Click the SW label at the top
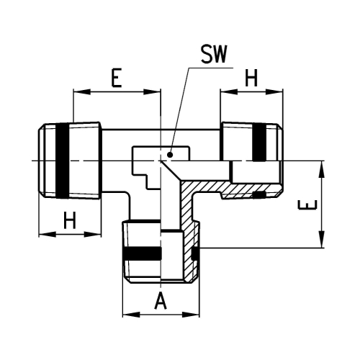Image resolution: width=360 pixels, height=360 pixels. (214, 54)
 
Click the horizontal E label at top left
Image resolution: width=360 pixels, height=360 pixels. (117, 78)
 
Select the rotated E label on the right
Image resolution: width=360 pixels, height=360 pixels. (307, 205)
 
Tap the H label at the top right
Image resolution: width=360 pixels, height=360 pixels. (251, 78)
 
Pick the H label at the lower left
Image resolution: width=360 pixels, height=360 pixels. (70, 220)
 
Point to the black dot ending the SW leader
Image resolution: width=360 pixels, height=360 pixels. (170, 155)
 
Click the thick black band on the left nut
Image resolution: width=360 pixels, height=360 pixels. (63, 161)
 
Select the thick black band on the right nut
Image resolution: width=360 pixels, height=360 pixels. (259, 143)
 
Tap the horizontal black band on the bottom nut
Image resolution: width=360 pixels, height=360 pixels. (142, 253)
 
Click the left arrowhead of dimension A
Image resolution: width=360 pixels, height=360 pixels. (131, 315)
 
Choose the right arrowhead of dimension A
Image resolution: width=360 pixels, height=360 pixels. (191, 315)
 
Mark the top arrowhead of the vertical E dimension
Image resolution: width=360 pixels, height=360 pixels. (321, 169)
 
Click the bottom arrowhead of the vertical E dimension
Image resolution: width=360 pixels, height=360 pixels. (321, 239)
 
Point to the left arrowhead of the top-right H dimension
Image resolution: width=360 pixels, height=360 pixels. (229, 92)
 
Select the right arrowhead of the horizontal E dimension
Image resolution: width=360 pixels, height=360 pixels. (152, 92)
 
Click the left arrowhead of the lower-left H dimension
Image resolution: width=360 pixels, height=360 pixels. (48, 234)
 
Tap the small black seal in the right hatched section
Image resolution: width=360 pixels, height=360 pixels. (259, 195)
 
